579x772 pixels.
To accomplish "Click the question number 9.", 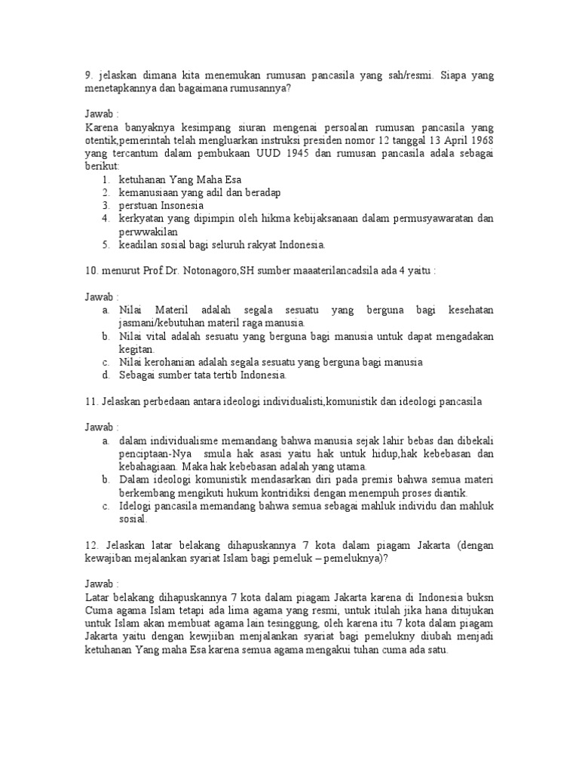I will pos(87,76).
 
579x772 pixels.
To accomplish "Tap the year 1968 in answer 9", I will pos(482,141).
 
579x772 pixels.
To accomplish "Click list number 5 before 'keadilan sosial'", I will pos(105,244).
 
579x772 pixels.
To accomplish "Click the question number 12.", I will pos(92,545).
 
